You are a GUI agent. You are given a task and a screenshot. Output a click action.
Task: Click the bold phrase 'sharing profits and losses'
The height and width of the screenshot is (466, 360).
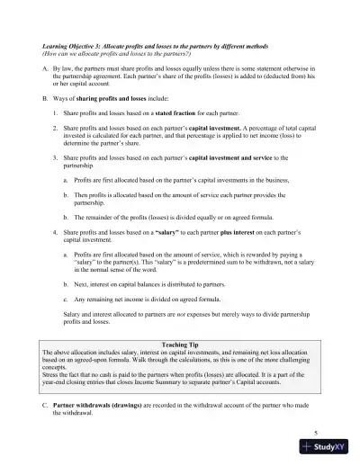113,94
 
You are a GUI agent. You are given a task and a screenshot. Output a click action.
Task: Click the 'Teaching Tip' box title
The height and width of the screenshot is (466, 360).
179,345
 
